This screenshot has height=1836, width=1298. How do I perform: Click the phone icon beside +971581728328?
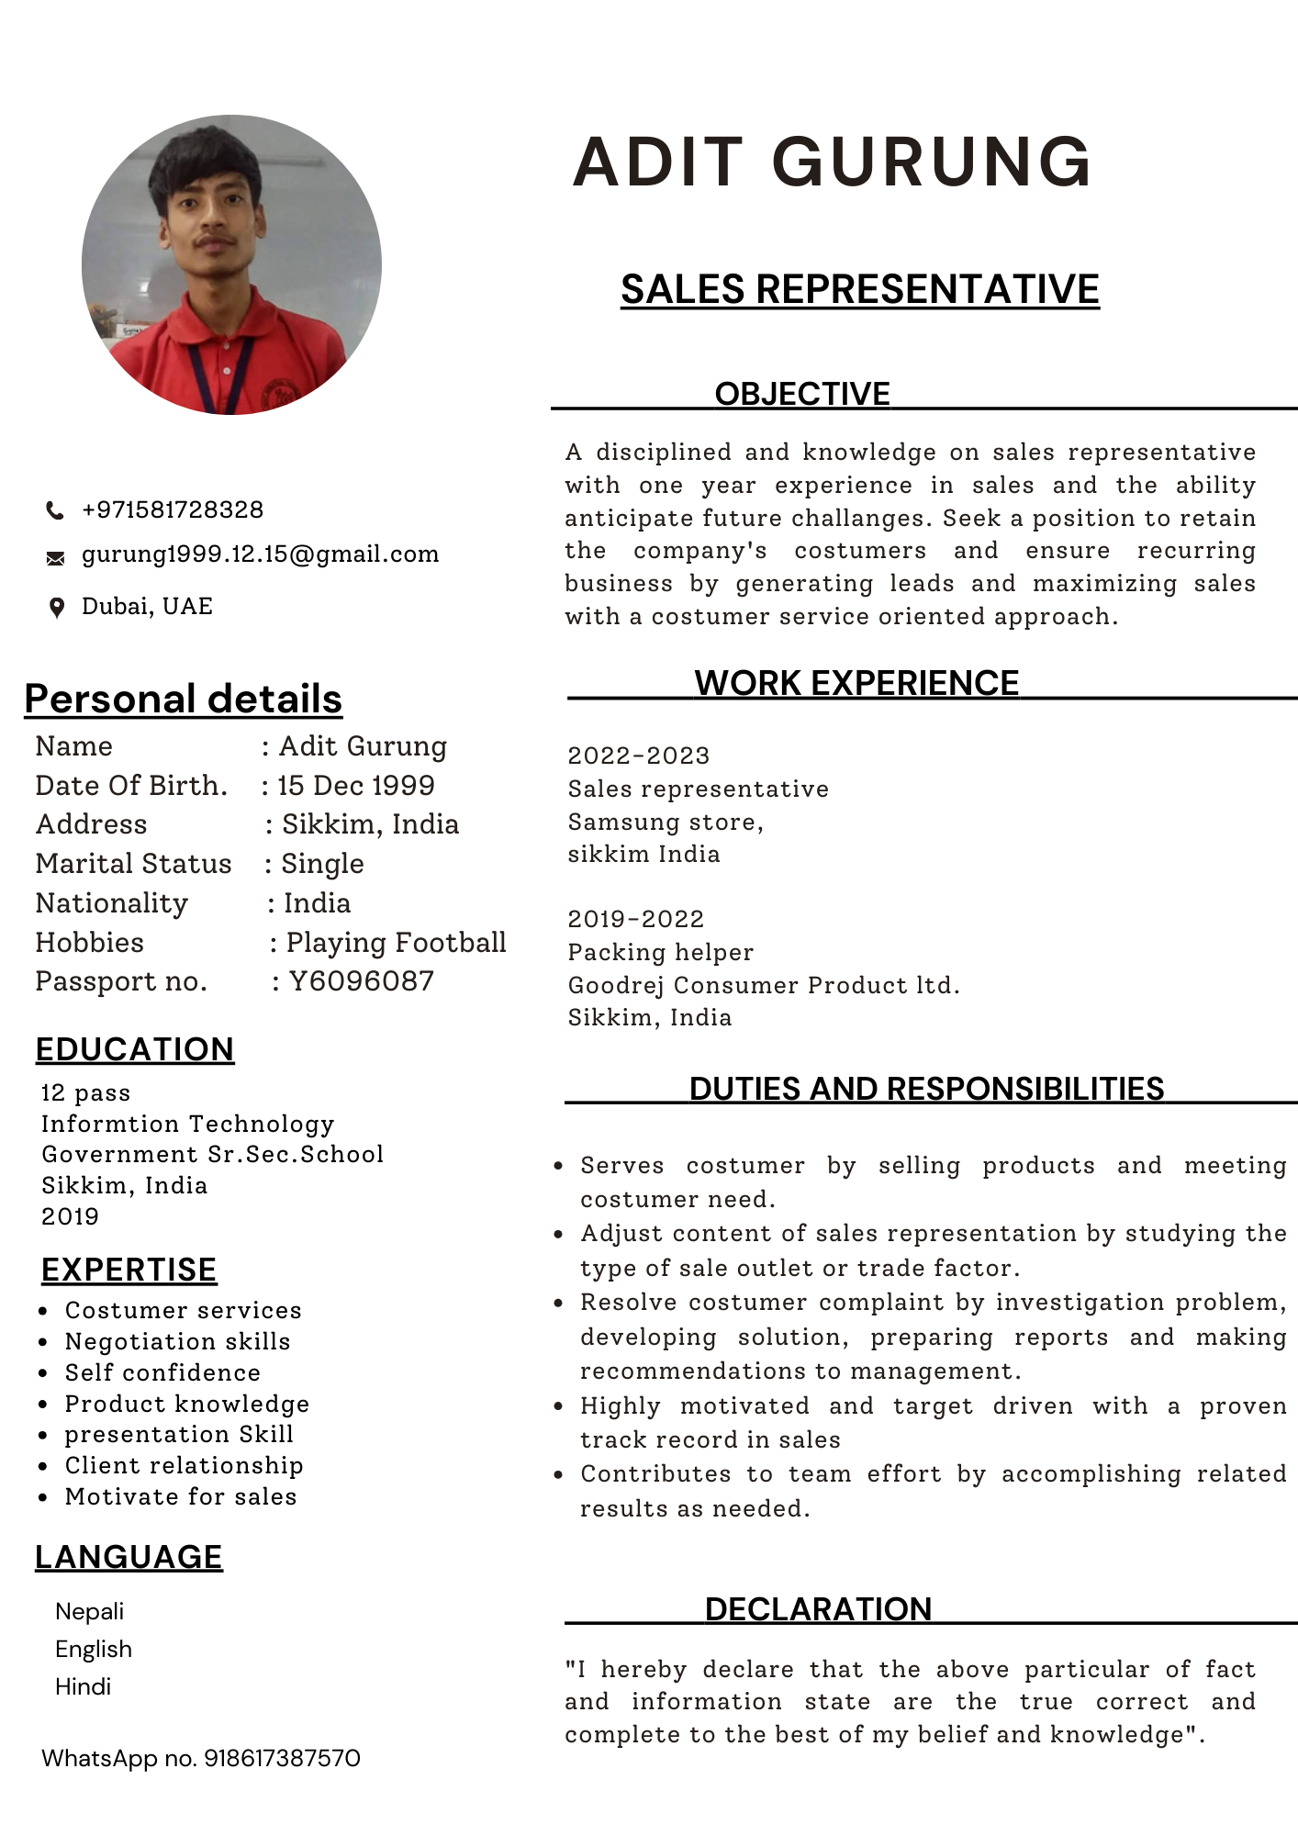pyautogui.click(x=55, y=510)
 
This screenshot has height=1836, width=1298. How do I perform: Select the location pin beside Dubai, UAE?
pyautogui.click(x=56, y=608)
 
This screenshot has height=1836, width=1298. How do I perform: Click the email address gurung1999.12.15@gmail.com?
pyautogui.click(x=260, y=554)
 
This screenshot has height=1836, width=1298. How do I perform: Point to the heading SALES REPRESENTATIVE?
pyautogui.click(x=859, y=289)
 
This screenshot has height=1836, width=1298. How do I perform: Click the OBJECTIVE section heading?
pyautogui.click(x=802, y=394)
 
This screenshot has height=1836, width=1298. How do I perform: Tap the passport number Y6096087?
pyautogui.click(x=361, y=981)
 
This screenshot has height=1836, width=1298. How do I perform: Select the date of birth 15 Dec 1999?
pyautogui.click(x=356, y=786)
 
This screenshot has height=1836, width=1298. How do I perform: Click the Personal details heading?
pyautogui.click(x=184, y=699)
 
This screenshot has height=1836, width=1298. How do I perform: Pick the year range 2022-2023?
pyautogui.click(x=638, y=756)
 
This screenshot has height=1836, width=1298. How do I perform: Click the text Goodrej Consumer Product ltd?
pyautogui.click(x=763, y=985)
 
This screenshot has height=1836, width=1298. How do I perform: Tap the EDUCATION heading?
pyautogui.click(x=135, y=1049)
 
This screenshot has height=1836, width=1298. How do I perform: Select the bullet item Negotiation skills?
pyautogui.click(x=177, y=1341)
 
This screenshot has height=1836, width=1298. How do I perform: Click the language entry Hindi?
pyautogui.click(x=83, y=1686)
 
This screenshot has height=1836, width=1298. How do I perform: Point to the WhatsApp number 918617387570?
pyautogui.click(x=282, y=1758)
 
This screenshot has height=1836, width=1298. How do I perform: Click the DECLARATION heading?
pyautogui.click(x=818, y=1609)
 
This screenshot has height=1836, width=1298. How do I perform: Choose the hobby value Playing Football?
pyautogui.click(x=396, y=943)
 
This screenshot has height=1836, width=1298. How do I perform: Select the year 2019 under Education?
pyautogui.click(x=70, y=1216)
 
